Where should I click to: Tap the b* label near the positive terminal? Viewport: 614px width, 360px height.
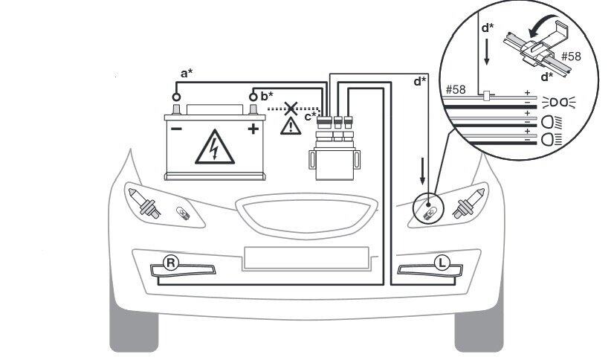click(267, 96)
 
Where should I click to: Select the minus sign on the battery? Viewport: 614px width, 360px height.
click(177, 129)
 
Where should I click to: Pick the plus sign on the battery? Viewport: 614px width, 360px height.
click(253, 129)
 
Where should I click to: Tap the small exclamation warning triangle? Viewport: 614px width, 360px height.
click(287, 126)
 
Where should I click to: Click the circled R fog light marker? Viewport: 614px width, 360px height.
click(170, 263)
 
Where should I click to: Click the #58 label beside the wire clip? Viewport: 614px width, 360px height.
click(570, 56)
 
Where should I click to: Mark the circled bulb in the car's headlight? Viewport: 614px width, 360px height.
click(428, 211)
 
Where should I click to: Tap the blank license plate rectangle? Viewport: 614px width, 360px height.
click(306, 257)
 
